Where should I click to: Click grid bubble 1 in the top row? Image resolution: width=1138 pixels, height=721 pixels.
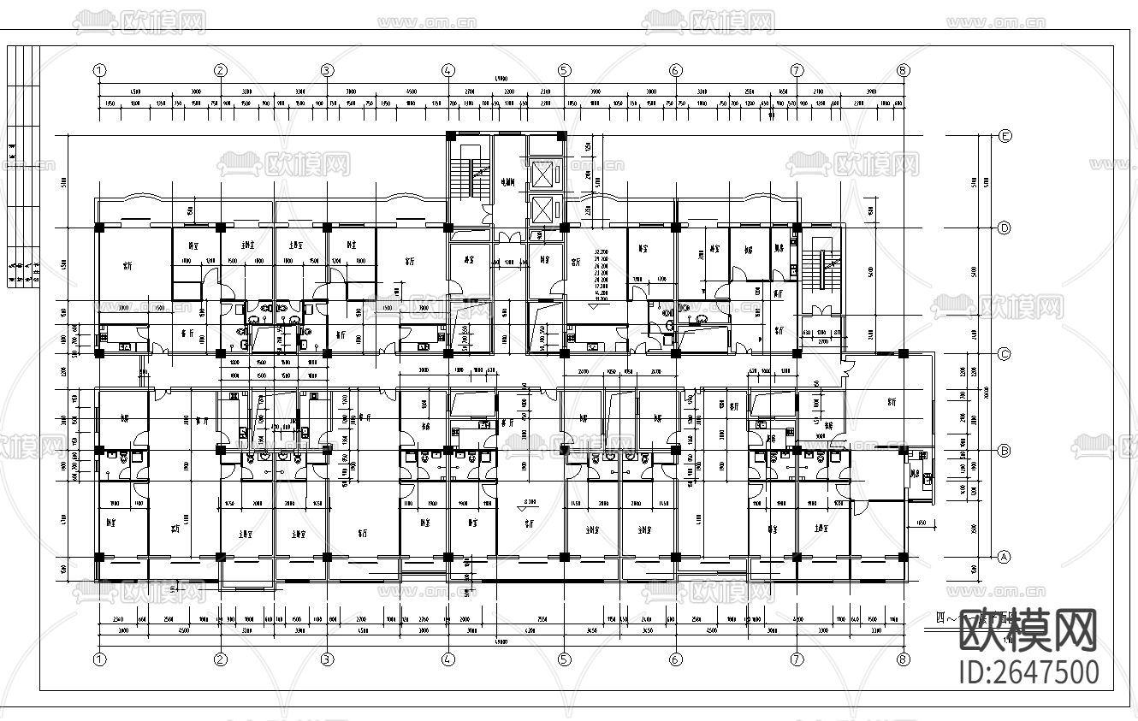coord(99,70)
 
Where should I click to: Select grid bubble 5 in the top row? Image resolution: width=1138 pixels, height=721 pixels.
coord(564,70)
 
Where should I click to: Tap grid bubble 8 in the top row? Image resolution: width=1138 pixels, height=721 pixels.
coord(903,70)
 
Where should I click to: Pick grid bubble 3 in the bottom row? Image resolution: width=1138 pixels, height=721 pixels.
coord(327,659)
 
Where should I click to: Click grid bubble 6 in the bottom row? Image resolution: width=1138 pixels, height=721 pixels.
coord(675,659)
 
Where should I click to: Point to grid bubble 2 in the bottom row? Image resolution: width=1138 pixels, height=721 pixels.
coord(221,659)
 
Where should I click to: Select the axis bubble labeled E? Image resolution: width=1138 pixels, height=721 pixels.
coord(1005,136)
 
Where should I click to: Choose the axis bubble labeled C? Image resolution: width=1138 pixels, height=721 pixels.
coord(1005,353)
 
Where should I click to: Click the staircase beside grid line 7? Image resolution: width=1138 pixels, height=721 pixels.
coord(820,265)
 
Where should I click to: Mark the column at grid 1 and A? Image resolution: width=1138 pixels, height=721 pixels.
coord(99,557)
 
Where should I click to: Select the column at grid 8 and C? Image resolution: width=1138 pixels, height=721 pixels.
coord(903,353)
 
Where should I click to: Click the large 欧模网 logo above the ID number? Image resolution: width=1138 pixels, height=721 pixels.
coord(1027,630)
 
